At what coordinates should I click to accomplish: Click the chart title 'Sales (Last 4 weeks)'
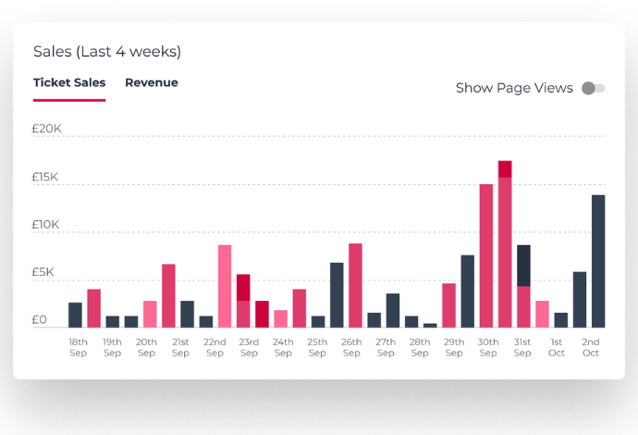[x=107, y=52]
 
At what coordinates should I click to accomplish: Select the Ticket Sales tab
[x=69, y=82]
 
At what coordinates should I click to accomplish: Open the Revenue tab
[x=152, y=82]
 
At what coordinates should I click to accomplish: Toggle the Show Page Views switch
[x=593, y=88]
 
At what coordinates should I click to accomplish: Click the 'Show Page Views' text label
[x=514, y=88]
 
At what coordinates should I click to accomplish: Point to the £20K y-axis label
[x=46, y=129]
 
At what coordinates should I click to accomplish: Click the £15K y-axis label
[x=45, y=177]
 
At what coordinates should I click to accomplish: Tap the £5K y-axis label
[x=45, y=272]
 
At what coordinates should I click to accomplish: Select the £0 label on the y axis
[x=40, y=320]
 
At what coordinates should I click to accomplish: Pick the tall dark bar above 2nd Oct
[x=598, y=260]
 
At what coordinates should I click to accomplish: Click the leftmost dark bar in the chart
[x=75, y=315]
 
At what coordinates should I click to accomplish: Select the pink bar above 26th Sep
[x=355, y=285]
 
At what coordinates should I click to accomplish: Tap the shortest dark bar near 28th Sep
[x=430, y=325]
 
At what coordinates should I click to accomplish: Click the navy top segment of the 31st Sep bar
[x=523, y=265]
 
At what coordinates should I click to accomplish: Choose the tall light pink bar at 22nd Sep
[x=225, y=286]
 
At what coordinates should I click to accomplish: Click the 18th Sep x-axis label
[x=79, y=347]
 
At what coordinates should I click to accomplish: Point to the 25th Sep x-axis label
[x=317, y=347]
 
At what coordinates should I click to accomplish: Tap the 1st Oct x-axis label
[x=557, y=347]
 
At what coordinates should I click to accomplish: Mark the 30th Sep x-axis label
[x=488, y=347]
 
